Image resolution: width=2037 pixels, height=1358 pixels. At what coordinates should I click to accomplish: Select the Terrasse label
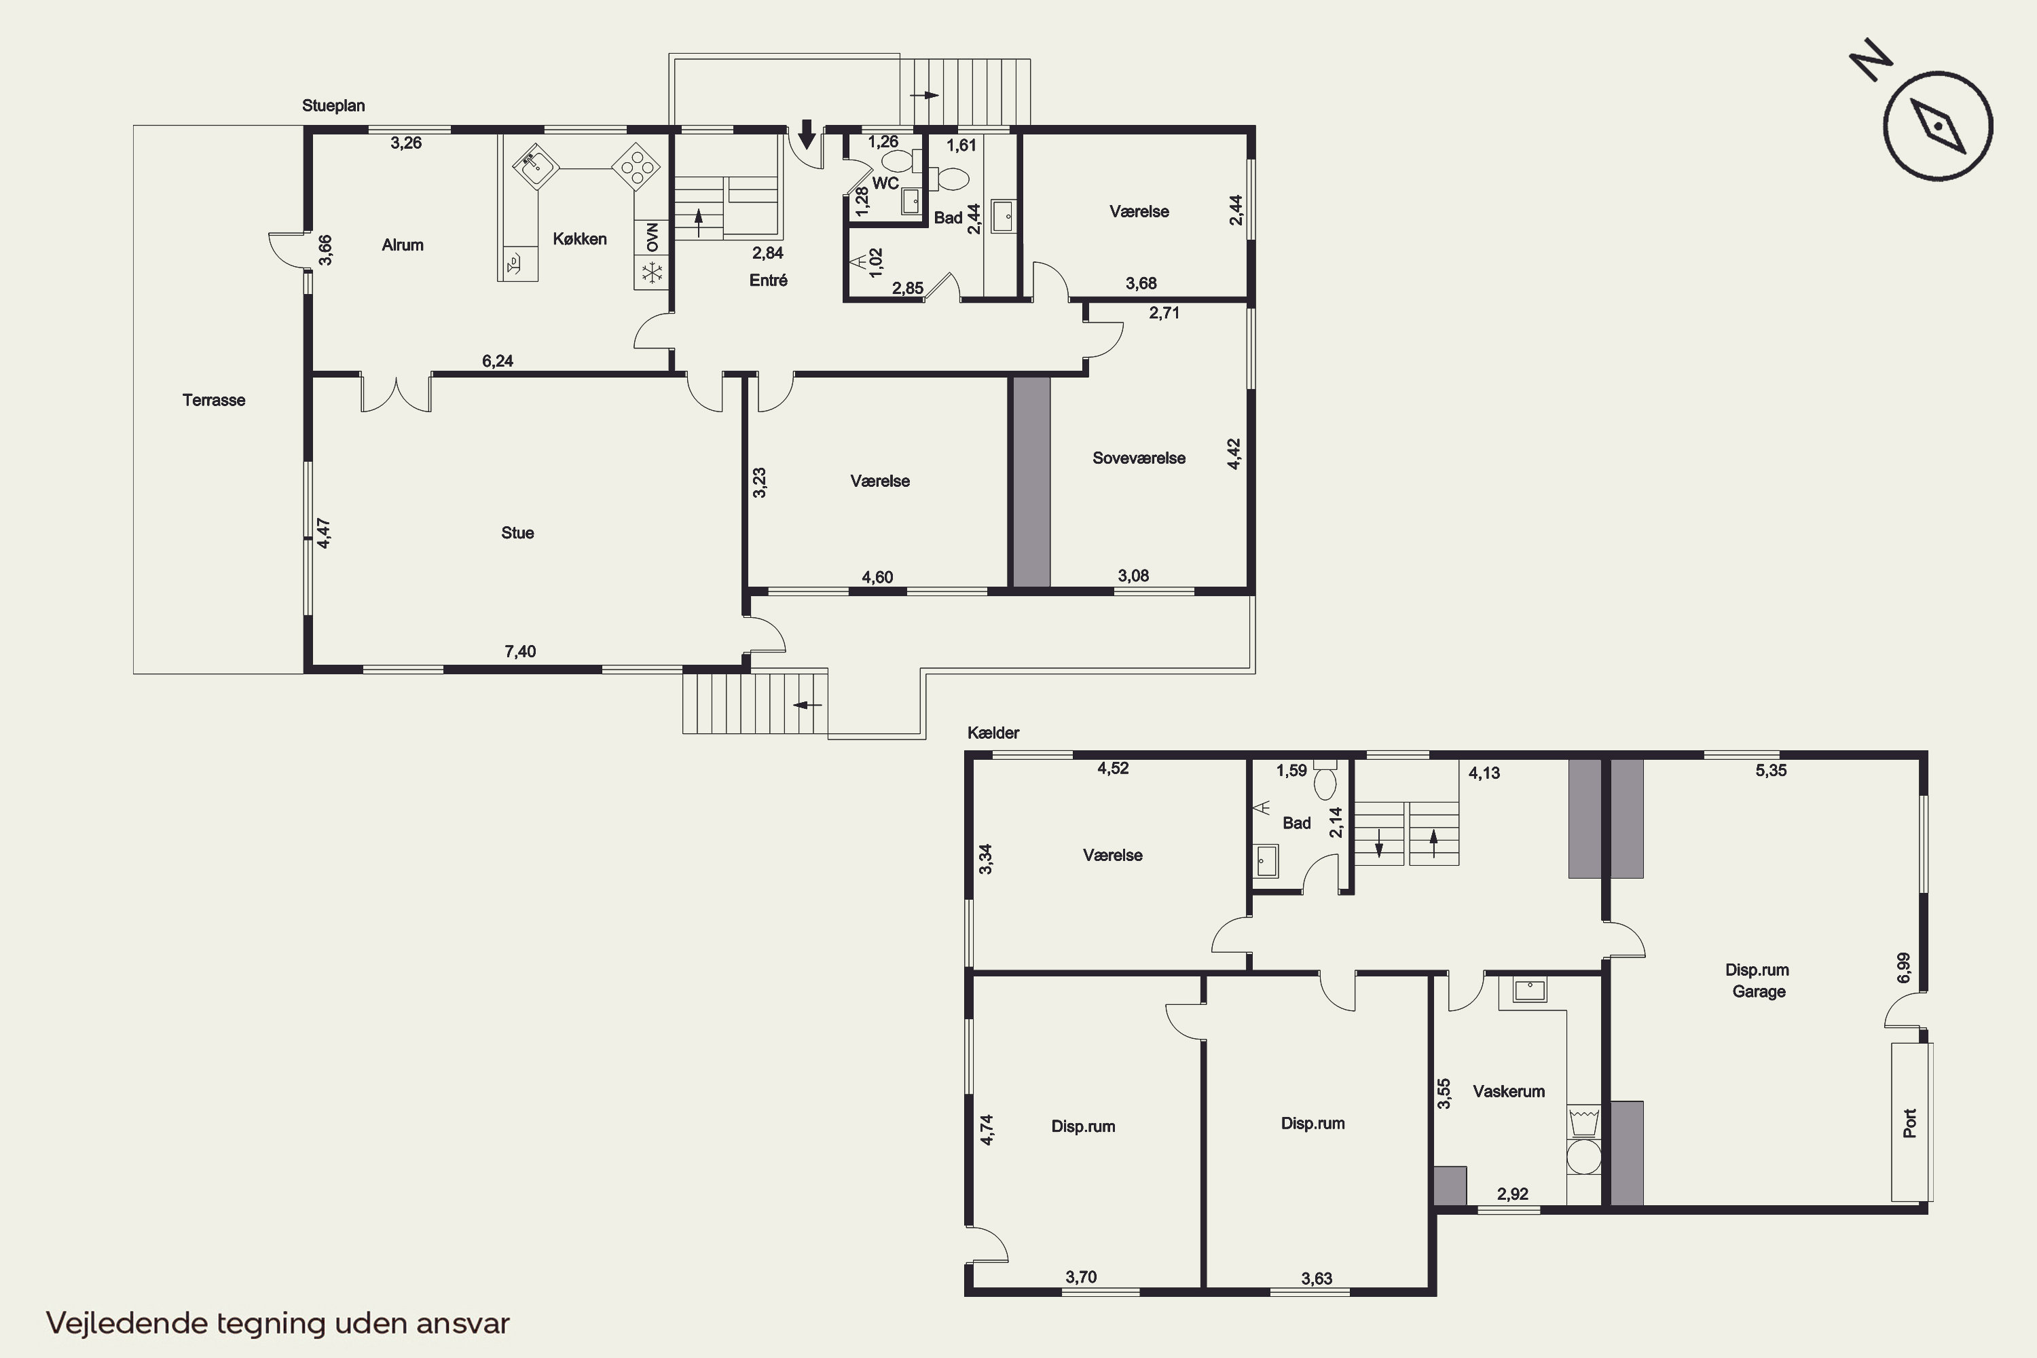214,400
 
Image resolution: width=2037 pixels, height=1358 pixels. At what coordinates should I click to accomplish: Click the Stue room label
518,532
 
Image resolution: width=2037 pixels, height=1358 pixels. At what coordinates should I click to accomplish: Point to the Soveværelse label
1139,458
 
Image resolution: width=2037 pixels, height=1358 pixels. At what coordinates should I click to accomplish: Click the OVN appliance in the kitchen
652,236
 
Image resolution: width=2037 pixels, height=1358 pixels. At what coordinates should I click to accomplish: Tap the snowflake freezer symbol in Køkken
652,273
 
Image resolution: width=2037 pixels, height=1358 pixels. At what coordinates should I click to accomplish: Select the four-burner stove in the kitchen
637,166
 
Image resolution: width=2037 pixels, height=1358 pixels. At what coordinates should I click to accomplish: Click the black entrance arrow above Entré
807,134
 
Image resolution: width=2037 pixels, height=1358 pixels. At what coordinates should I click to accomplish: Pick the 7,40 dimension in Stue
521,651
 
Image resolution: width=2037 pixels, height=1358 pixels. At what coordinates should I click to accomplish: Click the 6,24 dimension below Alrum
498,361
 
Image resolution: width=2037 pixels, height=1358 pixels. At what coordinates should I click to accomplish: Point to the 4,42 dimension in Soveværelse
1234,454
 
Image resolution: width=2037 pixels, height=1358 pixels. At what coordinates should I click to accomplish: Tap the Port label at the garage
1909,1123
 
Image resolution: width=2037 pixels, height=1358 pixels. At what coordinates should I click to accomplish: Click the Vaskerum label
1509,1091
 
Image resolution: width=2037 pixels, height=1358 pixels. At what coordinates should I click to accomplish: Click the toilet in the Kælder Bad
1325,779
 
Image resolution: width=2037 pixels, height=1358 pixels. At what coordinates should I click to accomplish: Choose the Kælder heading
993,733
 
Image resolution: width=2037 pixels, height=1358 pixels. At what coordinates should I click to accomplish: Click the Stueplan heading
333,106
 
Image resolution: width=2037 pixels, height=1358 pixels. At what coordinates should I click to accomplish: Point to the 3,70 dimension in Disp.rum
1081,1277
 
